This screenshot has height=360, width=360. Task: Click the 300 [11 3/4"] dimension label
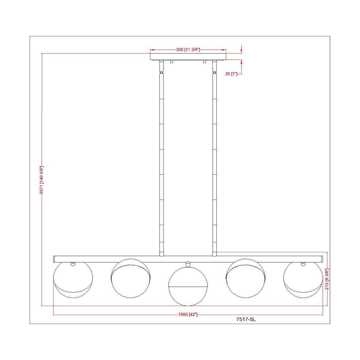tap(188, 50)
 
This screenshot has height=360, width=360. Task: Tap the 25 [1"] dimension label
tap(231, 73)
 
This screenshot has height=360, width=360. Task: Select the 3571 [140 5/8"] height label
tap(42, 180)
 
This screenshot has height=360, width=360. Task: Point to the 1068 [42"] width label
tap(188, 314)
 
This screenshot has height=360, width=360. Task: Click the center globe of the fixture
tap(188, 286)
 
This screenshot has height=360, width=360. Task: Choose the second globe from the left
tap(131, 278)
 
